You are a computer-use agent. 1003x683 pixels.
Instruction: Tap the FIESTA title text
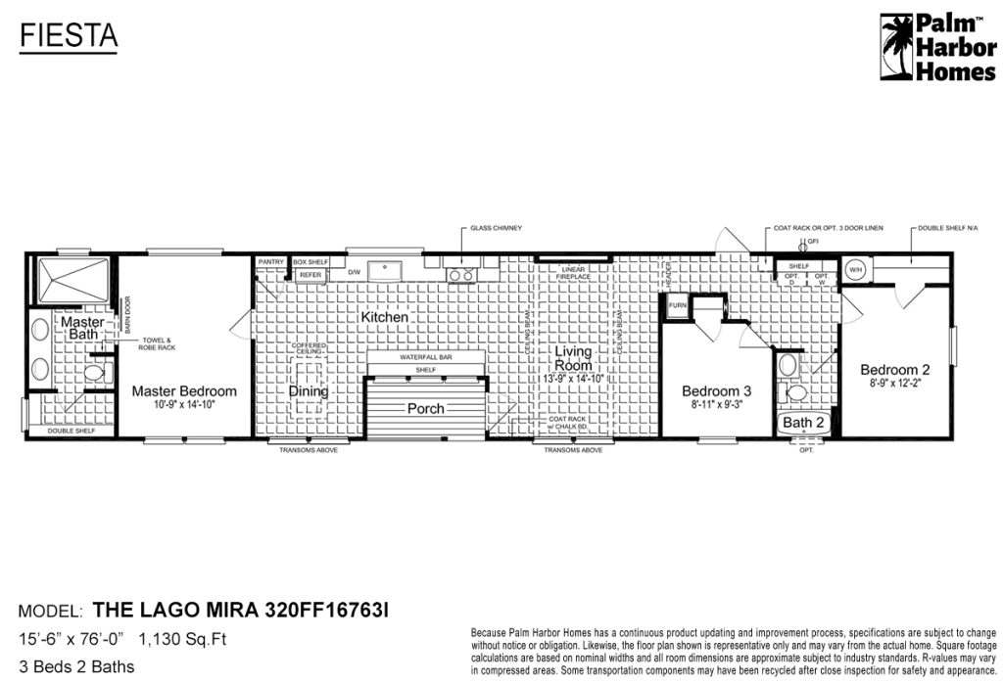(69, 36)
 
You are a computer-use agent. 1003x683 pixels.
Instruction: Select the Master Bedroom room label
(184, 391)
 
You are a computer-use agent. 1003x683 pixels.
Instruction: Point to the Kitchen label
(384, 318)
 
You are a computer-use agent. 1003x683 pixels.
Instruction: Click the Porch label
(425, 408)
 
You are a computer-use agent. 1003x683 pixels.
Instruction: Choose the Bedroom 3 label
(717, 391)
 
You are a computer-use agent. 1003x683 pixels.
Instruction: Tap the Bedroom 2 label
(894, 370)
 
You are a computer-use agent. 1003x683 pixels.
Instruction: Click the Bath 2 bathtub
(804, 423)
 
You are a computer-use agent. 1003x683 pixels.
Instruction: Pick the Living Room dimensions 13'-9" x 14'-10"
(574, 378)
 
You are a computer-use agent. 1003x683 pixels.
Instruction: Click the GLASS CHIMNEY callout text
(495, 228)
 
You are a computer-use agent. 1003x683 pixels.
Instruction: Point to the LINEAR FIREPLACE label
(574, 272)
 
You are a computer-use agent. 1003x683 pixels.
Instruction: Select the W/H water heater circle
(854, 269)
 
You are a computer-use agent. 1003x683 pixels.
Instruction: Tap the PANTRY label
(271, 262)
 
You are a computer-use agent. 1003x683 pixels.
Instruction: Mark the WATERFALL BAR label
(425, 358)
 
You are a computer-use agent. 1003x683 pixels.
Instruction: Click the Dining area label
(309, 391)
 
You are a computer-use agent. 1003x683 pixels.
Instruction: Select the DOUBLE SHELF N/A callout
(948, 228)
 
